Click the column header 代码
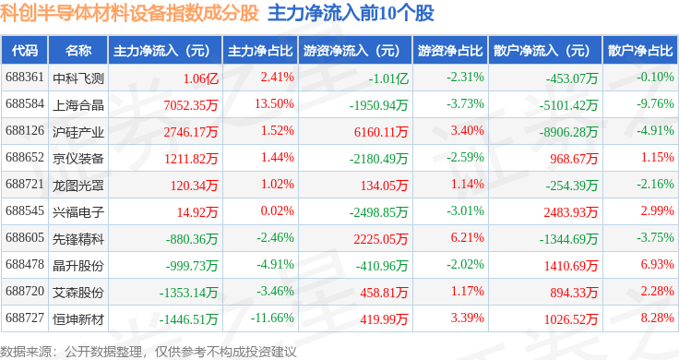point(25,51)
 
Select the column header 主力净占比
point(260,51)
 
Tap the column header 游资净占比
point(450,51)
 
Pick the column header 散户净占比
point(640,51)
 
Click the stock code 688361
point(25,78)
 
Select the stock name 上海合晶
point(77,105)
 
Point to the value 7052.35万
point(191,105)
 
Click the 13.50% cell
point(274,104)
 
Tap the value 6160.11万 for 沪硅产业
point(381,132)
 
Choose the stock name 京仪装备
point(77,159)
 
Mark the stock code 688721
point(25,184)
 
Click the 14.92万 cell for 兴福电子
point(197,212)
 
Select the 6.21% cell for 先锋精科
point(467,237)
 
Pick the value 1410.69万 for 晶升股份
point(571,266)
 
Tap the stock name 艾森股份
point(77,293)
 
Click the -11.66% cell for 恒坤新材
point(272,318)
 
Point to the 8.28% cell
point(658,318)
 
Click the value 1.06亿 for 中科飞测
point(200,78)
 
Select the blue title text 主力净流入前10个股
point(351,14)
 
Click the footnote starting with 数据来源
point(149,352)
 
